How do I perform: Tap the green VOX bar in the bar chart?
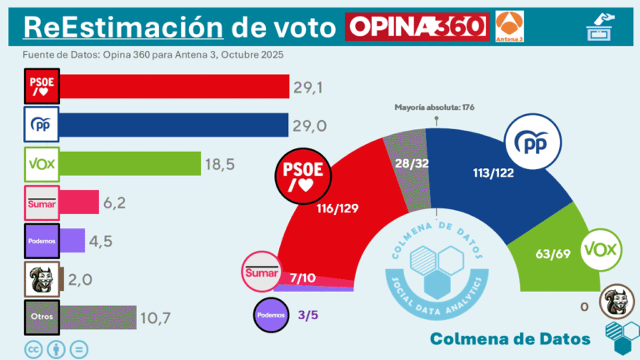[x=129, y=163]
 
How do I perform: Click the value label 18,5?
[x=220, y=164]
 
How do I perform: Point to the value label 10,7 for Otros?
[x=156, y=317]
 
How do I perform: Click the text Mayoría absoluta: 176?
[x=435, y=107]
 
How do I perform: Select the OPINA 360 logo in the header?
[x=416, y=26]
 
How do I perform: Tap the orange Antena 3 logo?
[x=509, y=26]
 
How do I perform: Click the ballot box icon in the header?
[x=599, y=27]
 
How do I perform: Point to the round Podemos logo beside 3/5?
[x=272, y=315]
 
